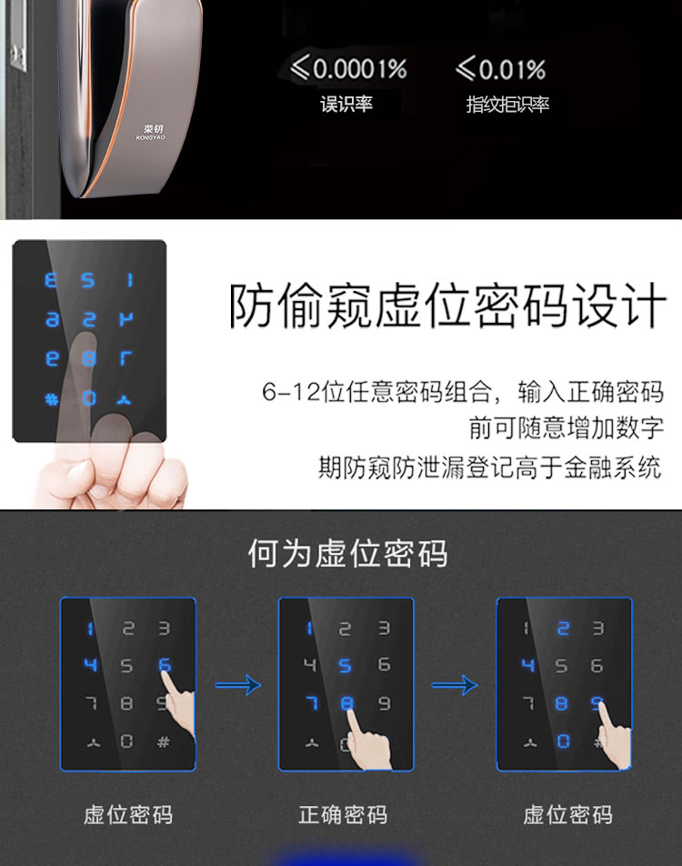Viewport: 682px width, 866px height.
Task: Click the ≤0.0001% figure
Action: (x=348, y=68)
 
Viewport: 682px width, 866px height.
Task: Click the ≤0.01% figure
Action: (x=500, y=68)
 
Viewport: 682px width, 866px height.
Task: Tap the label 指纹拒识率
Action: (x=507, y=104)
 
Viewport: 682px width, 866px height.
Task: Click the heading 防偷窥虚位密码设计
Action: (x=446, y=307)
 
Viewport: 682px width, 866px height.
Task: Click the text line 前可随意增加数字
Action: (x=566, y=428)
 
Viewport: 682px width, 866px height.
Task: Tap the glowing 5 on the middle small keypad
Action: (x=346, y=666)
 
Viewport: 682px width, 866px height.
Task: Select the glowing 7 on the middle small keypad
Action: (x=310, y=702)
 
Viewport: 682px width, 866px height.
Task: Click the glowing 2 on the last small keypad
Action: (x=563, y=628)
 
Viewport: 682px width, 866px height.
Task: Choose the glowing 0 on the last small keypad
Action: (x=563, y=740)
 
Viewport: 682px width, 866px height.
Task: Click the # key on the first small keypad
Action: (x=164, y=740)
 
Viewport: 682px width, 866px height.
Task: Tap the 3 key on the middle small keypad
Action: (x=383, y=628)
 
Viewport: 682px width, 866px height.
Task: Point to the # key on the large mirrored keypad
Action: (x=52, y=398)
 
